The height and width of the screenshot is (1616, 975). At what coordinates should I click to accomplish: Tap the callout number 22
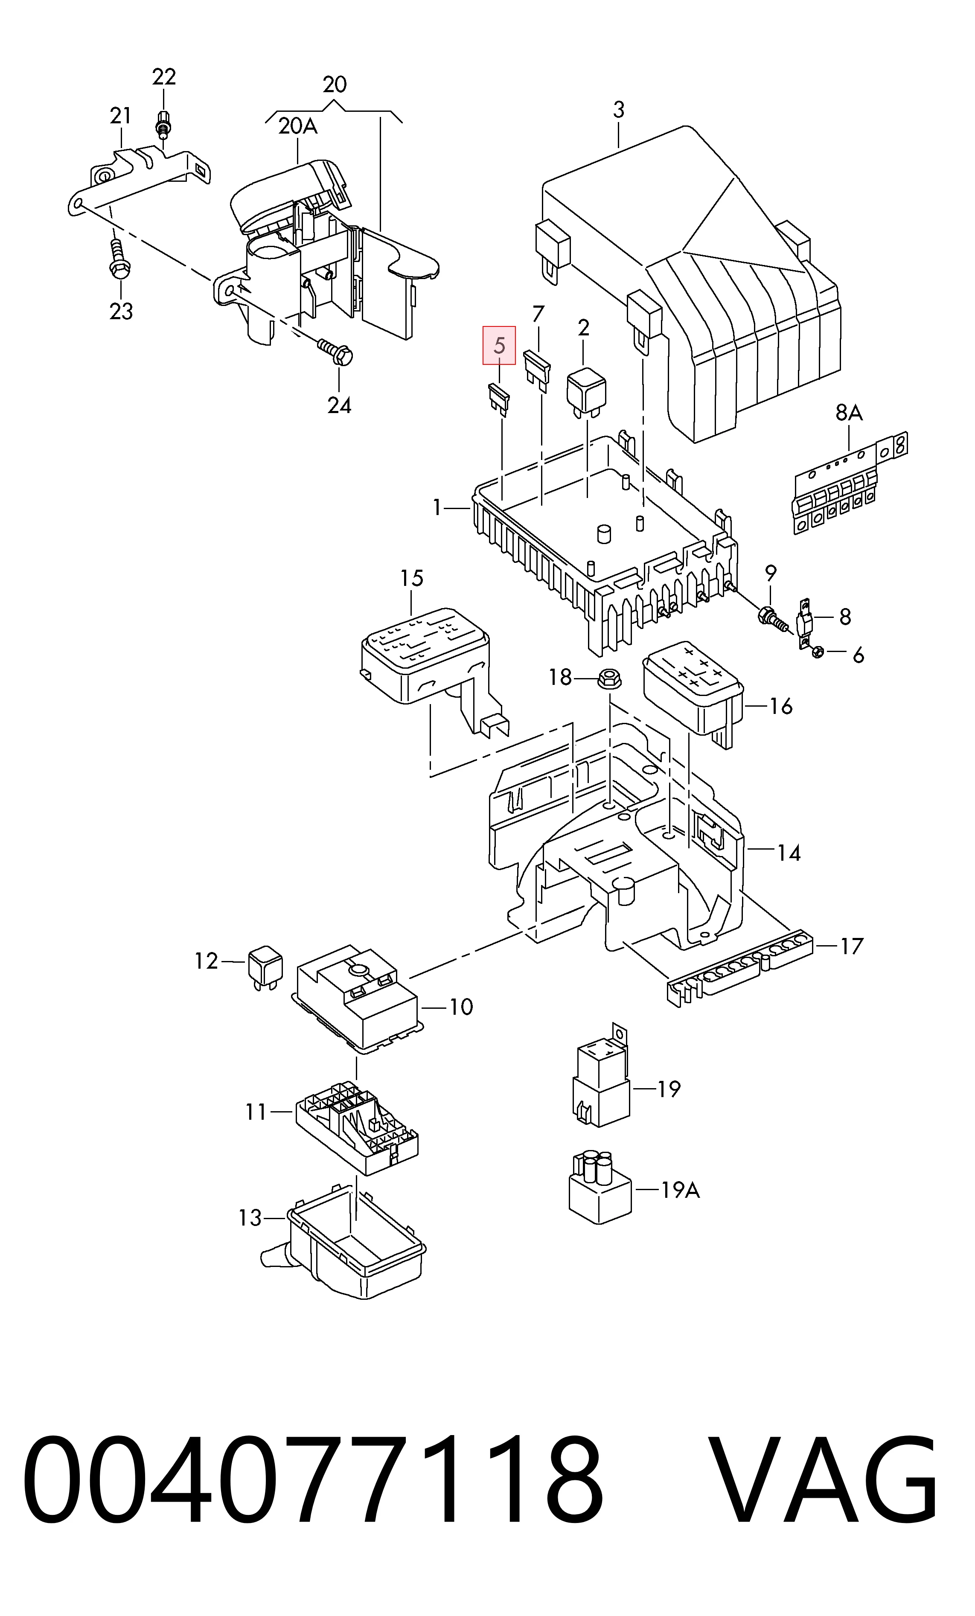click(x=164, y=77)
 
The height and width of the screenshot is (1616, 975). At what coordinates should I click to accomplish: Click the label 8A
click(x=849, y=413)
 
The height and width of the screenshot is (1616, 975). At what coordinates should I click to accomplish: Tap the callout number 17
click(x=852, y=946)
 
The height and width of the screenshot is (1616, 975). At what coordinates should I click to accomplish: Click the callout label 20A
click(x=298, y=126)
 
